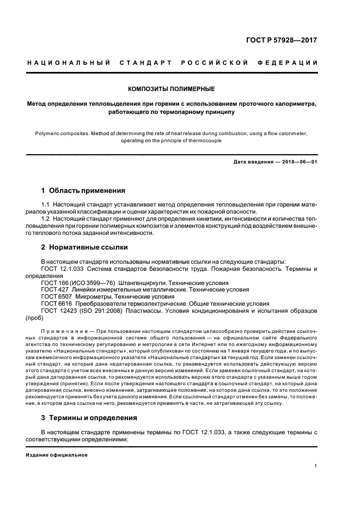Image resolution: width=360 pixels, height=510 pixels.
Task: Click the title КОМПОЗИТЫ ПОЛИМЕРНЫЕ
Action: point(171,88)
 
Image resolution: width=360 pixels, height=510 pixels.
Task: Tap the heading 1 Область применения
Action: point(83,191)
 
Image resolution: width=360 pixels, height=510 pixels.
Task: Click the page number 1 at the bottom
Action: point(316,466)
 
